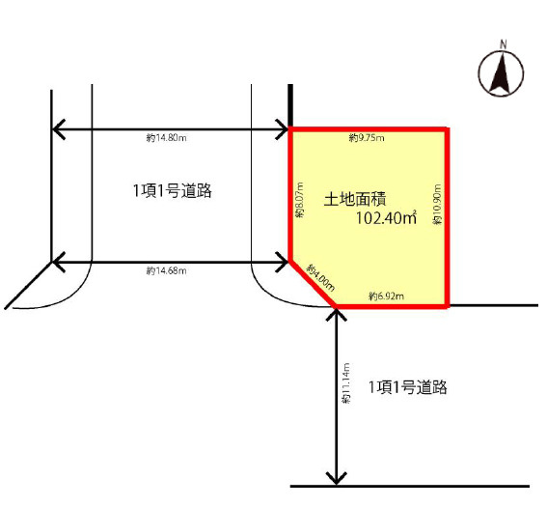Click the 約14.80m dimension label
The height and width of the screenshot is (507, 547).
166,138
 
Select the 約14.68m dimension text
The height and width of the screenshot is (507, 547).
166,270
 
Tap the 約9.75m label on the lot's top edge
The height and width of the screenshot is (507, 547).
367,138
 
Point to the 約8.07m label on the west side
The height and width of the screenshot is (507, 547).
300,200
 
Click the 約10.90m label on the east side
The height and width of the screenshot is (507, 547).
437,205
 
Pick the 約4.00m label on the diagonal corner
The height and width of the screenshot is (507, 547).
320,278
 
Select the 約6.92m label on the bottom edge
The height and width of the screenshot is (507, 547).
387,296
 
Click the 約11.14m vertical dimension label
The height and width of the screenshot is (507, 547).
345,383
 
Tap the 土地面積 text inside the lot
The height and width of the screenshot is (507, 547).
355,199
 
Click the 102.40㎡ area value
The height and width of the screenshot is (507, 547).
386,218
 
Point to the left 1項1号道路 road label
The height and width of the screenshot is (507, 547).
172,191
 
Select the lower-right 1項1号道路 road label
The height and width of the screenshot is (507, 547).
408,387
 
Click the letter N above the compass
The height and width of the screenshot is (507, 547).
503,44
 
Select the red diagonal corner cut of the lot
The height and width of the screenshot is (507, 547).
313,283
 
